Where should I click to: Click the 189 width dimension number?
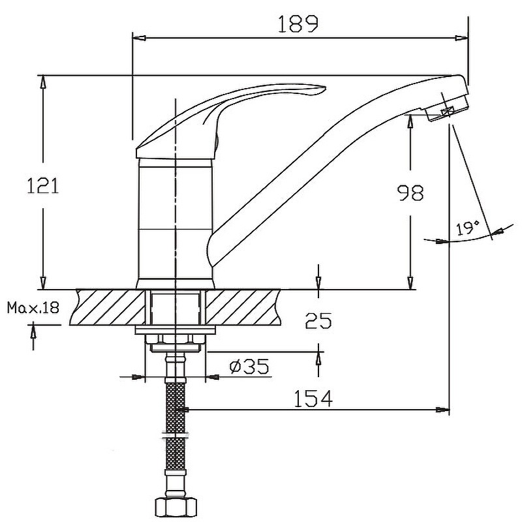(298, 24)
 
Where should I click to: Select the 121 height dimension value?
(42, 186)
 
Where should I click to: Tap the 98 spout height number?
(411, 192)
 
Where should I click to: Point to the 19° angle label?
(467, 228)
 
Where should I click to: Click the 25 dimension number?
(318, 320)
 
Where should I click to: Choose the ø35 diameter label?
(249, 366)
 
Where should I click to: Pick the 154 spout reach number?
(313, 399)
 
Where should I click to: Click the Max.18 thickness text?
(33, 307)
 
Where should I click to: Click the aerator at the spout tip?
(448, 108)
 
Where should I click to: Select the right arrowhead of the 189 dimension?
(461, 38)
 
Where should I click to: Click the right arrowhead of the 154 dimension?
(443, 410)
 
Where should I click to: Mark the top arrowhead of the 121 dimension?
(42, 82)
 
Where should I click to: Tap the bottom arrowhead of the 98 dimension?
(410, 283)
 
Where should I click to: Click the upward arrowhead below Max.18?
(33, 331)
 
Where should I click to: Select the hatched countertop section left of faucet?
(108, 307)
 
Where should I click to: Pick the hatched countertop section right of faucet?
(243, 307)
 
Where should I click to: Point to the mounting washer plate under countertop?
(175, 330)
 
